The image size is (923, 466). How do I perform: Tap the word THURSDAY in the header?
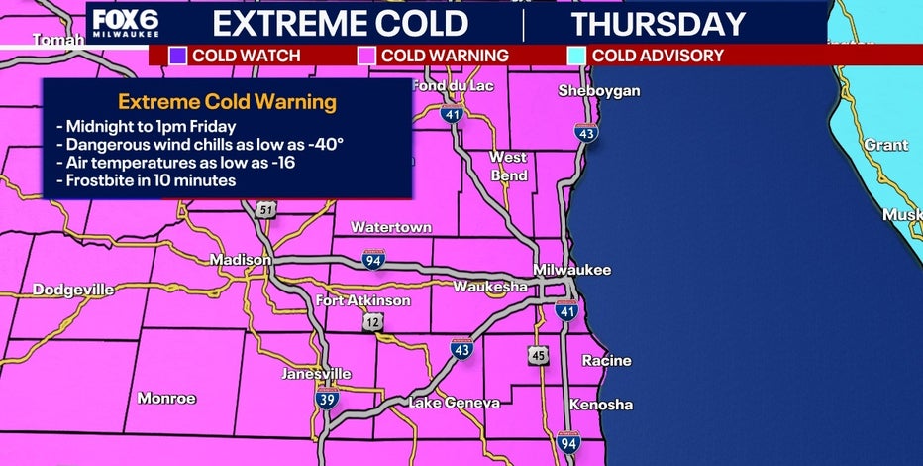click(657, 23)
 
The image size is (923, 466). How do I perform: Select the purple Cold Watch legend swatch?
click(179, 56)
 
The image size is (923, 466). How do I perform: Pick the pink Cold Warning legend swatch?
click(366, 56)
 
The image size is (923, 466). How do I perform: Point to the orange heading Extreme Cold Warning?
click(227, 102)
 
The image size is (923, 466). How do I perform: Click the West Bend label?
click(508, 167)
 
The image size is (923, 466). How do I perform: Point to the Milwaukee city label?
click(571, 270)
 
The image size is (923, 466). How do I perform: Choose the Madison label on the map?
click(240, 260)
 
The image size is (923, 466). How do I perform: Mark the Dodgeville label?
click(73, 291)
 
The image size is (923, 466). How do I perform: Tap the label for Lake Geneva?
click(451, 403)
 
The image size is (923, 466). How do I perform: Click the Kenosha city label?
click(601, 405)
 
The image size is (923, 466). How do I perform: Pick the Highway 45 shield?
click(537, 356)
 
